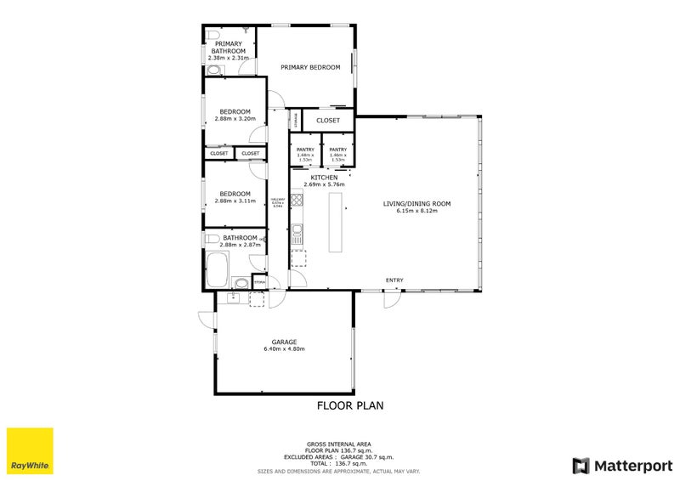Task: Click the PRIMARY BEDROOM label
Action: click(x=310, y=67)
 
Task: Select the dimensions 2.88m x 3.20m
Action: click(x=235, y=119)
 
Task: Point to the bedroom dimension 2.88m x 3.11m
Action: click(x=235, y=201)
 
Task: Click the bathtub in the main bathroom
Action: click(x=218, y=269)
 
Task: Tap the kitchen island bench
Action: click(x=334, y=222)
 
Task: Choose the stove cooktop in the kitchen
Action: click(x=297, y=201)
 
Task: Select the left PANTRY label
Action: click(x=305, y=150)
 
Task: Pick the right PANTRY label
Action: click(x=337, y=150)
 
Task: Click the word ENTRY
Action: click(x=394, y=280)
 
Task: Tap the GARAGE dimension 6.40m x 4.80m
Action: click(x=284, y=349)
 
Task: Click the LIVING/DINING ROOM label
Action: click(x=416, y=204)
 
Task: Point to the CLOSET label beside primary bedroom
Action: click(x=328, y=121)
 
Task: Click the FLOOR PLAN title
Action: click(x=350, y=406)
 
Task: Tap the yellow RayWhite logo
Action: click(x=30, y=450)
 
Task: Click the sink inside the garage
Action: click(x=232, y=297)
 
